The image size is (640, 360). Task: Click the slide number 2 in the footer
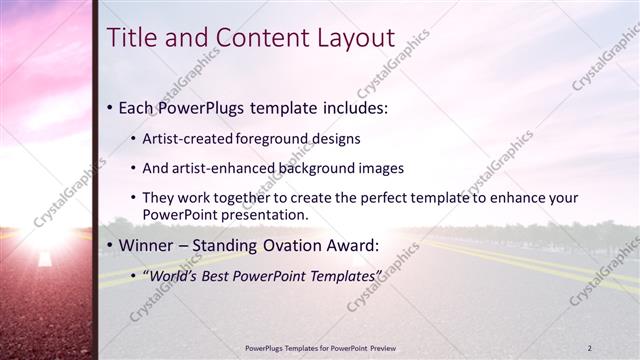[x=589, y=348]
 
